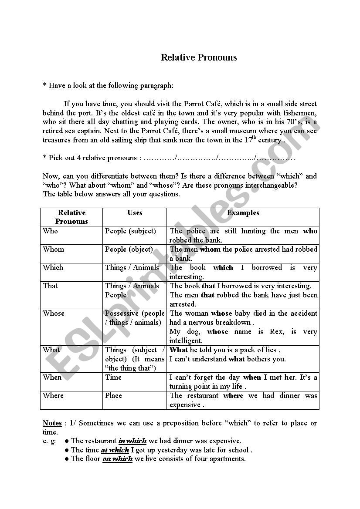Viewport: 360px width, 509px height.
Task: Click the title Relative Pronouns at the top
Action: tap(199, 57)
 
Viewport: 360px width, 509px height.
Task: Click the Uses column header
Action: tap(135, 213)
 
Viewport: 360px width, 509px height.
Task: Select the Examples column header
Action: tap(243, 213)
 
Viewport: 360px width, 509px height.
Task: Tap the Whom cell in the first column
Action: tap(53, 249)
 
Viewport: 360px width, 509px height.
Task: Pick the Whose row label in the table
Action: tap(54, 313)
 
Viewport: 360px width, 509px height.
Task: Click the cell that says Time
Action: tap(113, 378)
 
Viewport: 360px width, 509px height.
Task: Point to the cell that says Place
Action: tap(113, 396)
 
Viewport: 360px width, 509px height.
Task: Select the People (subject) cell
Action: tap(130, 231)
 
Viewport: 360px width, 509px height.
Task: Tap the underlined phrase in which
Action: tap(132, 441)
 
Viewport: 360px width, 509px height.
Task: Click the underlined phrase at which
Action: tap(115, 450)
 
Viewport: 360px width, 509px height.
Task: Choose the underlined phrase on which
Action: tap(117, 459)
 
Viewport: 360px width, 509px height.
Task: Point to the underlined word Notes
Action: tap(52, 423)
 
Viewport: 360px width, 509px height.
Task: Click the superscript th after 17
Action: tap(254, 138)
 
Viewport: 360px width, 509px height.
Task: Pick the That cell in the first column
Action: tap(51, 286)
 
